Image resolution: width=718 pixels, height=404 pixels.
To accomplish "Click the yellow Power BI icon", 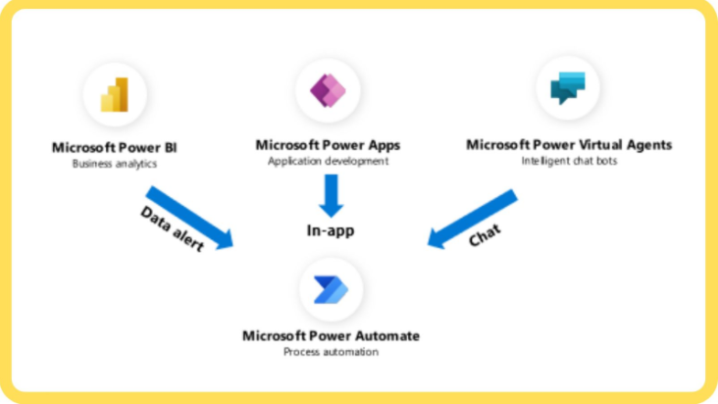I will coord(115,94).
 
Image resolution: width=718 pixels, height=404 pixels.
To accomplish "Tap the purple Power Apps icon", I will coord(328,90).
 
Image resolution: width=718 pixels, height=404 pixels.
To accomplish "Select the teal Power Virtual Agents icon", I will coord(568,88).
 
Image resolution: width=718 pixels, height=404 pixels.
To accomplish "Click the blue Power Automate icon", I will coord(330,289).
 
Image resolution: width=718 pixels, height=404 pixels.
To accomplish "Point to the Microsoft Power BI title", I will coord(115,148).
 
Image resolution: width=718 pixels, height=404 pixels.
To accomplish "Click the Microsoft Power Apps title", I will coord(328,145).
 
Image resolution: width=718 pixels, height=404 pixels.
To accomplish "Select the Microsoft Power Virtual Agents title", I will coord(569,144).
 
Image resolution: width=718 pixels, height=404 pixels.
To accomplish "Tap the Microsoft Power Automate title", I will coord(331,335).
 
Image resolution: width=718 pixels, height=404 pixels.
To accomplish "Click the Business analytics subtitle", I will coord(115,164).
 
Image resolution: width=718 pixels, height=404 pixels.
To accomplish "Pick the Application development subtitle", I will coord(328,161).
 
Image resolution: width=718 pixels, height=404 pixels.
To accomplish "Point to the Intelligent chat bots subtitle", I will coord(569,160).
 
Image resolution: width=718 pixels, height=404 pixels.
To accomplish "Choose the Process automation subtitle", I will coord(331,351).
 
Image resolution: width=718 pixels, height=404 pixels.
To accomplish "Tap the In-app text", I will coord(329,231).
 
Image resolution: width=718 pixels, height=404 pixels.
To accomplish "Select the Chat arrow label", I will coord(484,234).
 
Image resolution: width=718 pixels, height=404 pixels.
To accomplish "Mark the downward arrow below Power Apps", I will coord(331,195).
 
